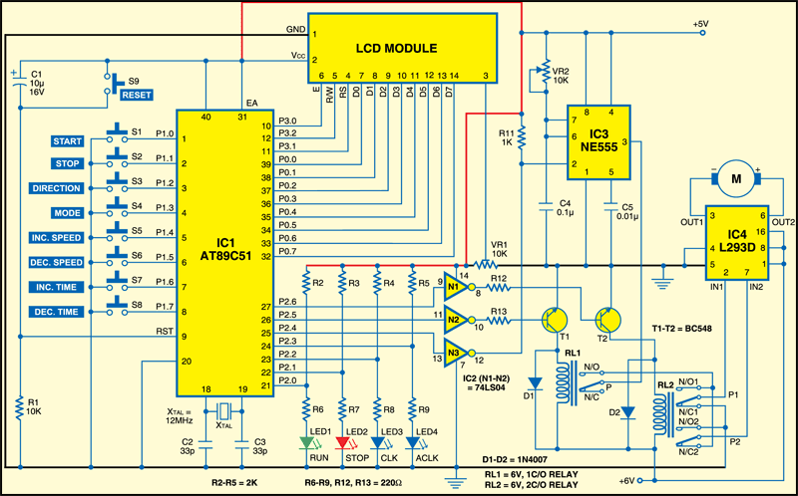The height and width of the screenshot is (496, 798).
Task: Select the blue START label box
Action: [x=74, y=141]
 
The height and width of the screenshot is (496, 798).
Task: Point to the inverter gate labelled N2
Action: [x=454, y=321]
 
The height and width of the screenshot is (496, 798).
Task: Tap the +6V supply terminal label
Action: [x=626, y=481]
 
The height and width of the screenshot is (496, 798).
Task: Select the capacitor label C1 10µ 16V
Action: [x=40, y=84]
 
